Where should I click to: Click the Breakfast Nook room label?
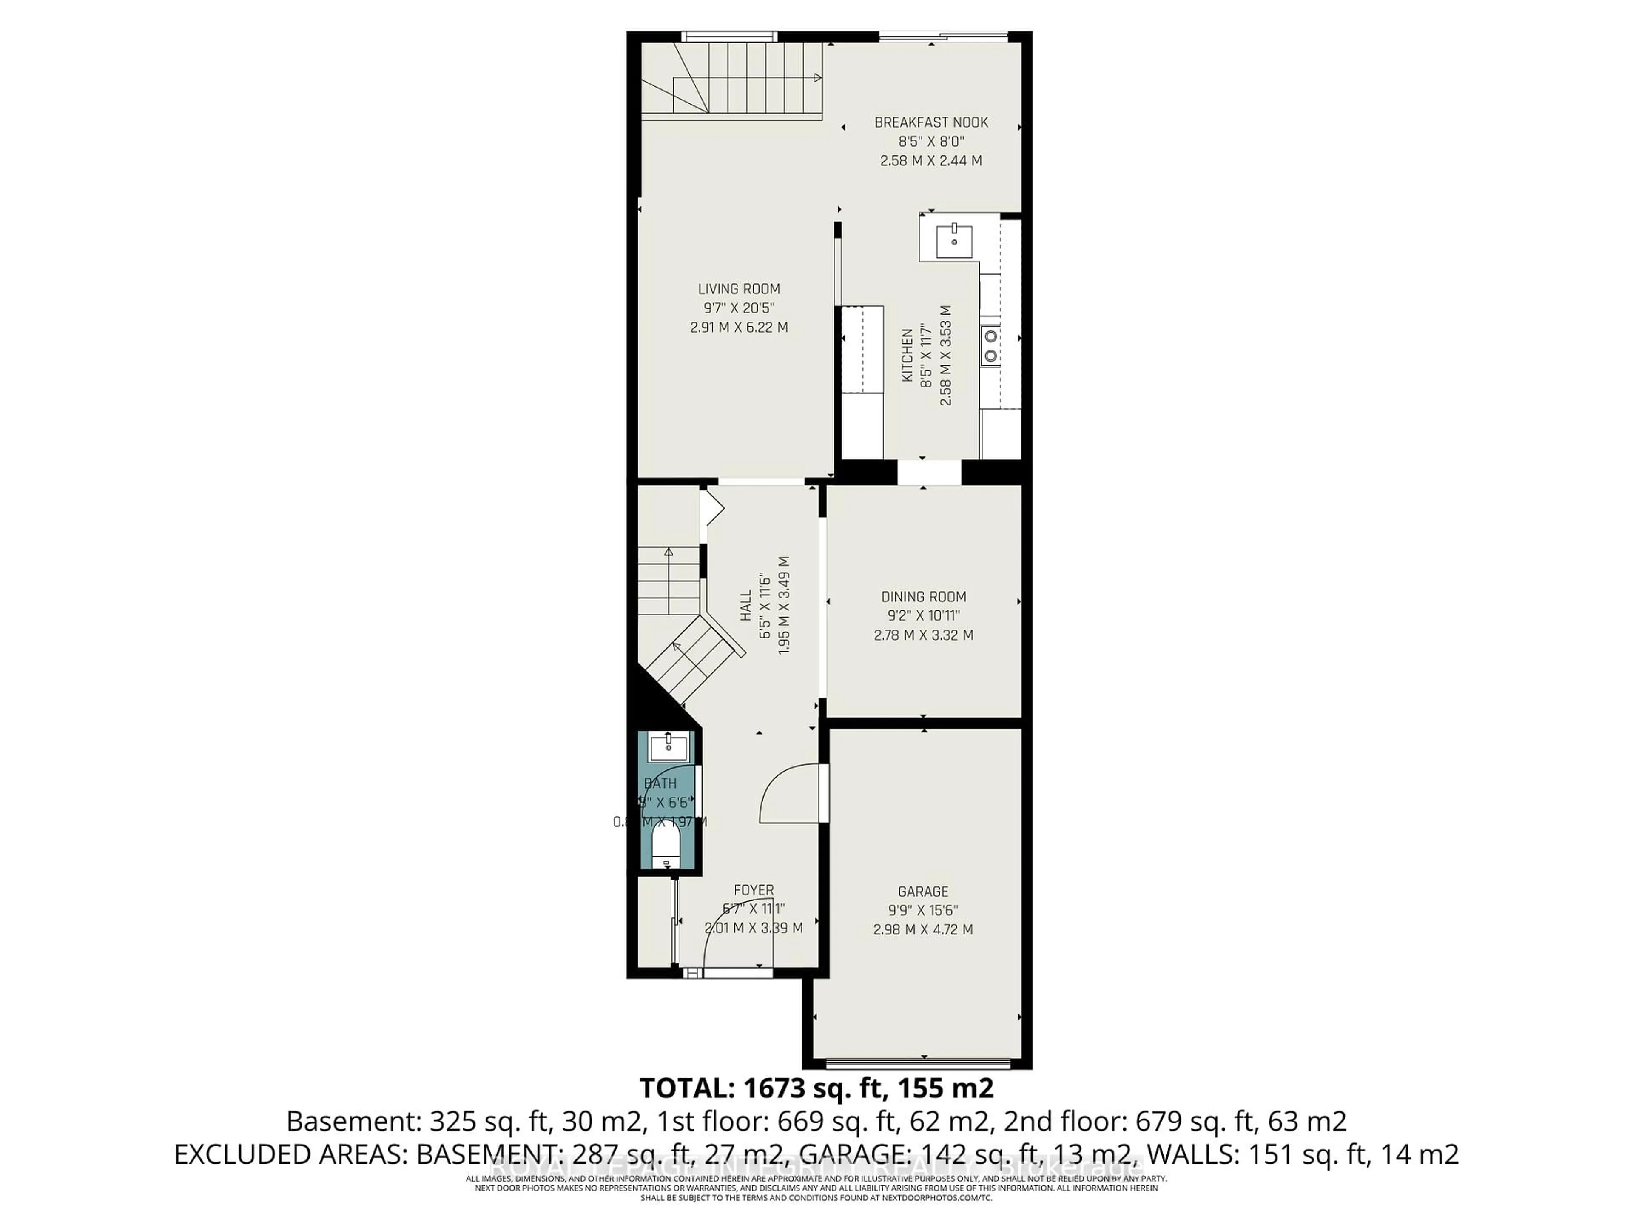click(931, 122)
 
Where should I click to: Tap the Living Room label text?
click(739, 290)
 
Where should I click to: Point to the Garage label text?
click(923, 891)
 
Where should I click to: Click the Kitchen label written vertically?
click(908, 355)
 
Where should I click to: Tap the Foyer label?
click(754, 891)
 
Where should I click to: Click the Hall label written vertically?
click(745, 605)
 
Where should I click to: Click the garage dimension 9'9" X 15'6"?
click(923, 910)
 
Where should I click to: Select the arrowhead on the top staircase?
click(817, 77)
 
